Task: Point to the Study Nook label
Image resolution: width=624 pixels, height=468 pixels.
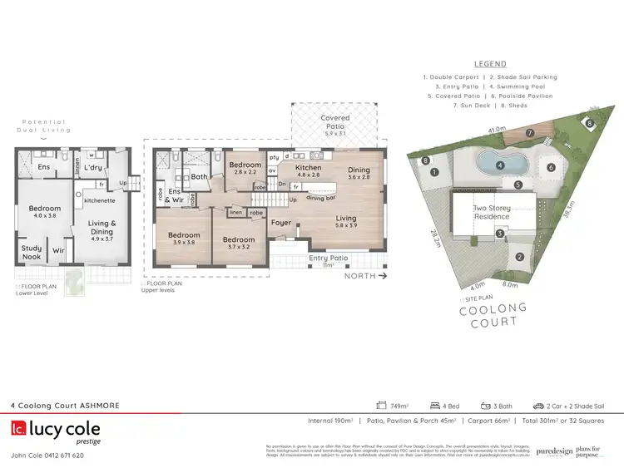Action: pos(32,251)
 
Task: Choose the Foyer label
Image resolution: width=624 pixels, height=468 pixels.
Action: pos(280,222)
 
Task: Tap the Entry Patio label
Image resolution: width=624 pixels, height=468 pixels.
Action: pos(327,259)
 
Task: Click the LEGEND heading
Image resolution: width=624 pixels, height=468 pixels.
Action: pos(491,63)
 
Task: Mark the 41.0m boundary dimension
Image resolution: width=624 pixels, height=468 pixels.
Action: pos(497,130)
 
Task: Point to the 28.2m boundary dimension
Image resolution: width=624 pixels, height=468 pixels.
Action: pos(433,241)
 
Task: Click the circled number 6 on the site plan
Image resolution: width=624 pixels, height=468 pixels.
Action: pos(551,167)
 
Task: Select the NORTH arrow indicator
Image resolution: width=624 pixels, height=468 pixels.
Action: pos(365,275)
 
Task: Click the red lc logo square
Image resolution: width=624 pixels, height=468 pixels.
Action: pos(17,430)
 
